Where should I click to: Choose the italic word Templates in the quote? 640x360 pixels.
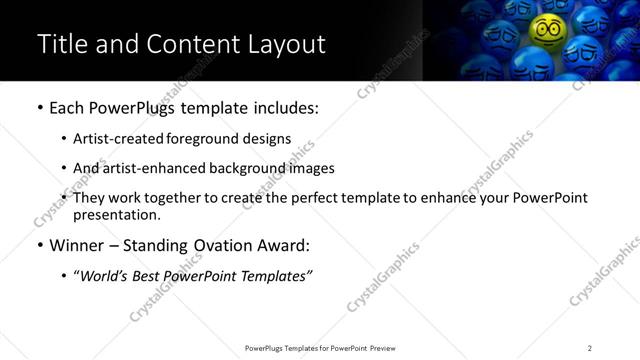[276, 275]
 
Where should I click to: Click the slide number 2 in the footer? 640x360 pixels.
[589, 348]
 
